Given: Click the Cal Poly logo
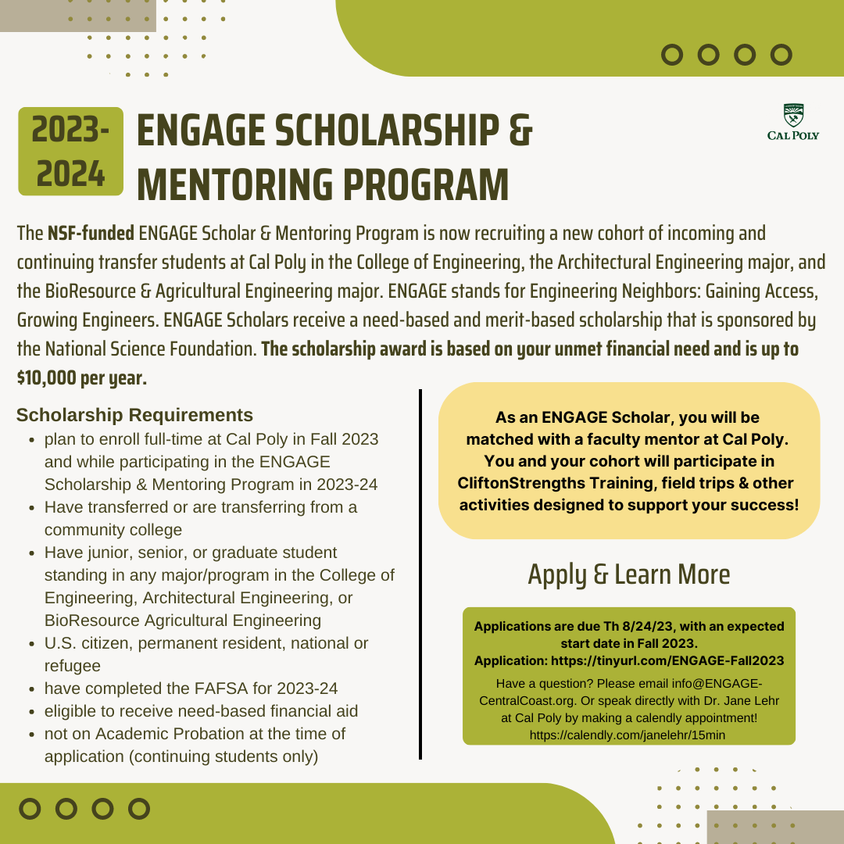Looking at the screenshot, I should point(793,123).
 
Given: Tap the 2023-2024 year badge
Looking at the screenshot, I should point(70,151).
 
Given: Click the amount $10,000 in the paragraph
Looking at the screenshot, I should point(47,378).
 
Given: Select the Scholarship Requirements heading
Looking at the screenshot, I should point(134,415).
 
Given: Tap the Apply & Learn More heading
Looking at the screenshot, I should point(628,574).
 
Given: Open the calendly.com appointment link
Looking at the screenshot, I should point(628,735).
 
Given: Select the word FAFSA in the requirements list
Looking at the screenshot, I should point(223,688).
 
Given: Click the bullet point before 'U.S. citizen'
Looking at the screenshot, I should point(30,645).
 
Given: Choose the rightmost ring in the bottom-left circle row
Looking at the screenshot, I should point(138,808).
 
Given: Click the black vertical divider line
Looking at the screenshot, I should point(420,574).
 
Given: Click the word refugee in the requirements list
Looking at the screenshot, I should point(73,666).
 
